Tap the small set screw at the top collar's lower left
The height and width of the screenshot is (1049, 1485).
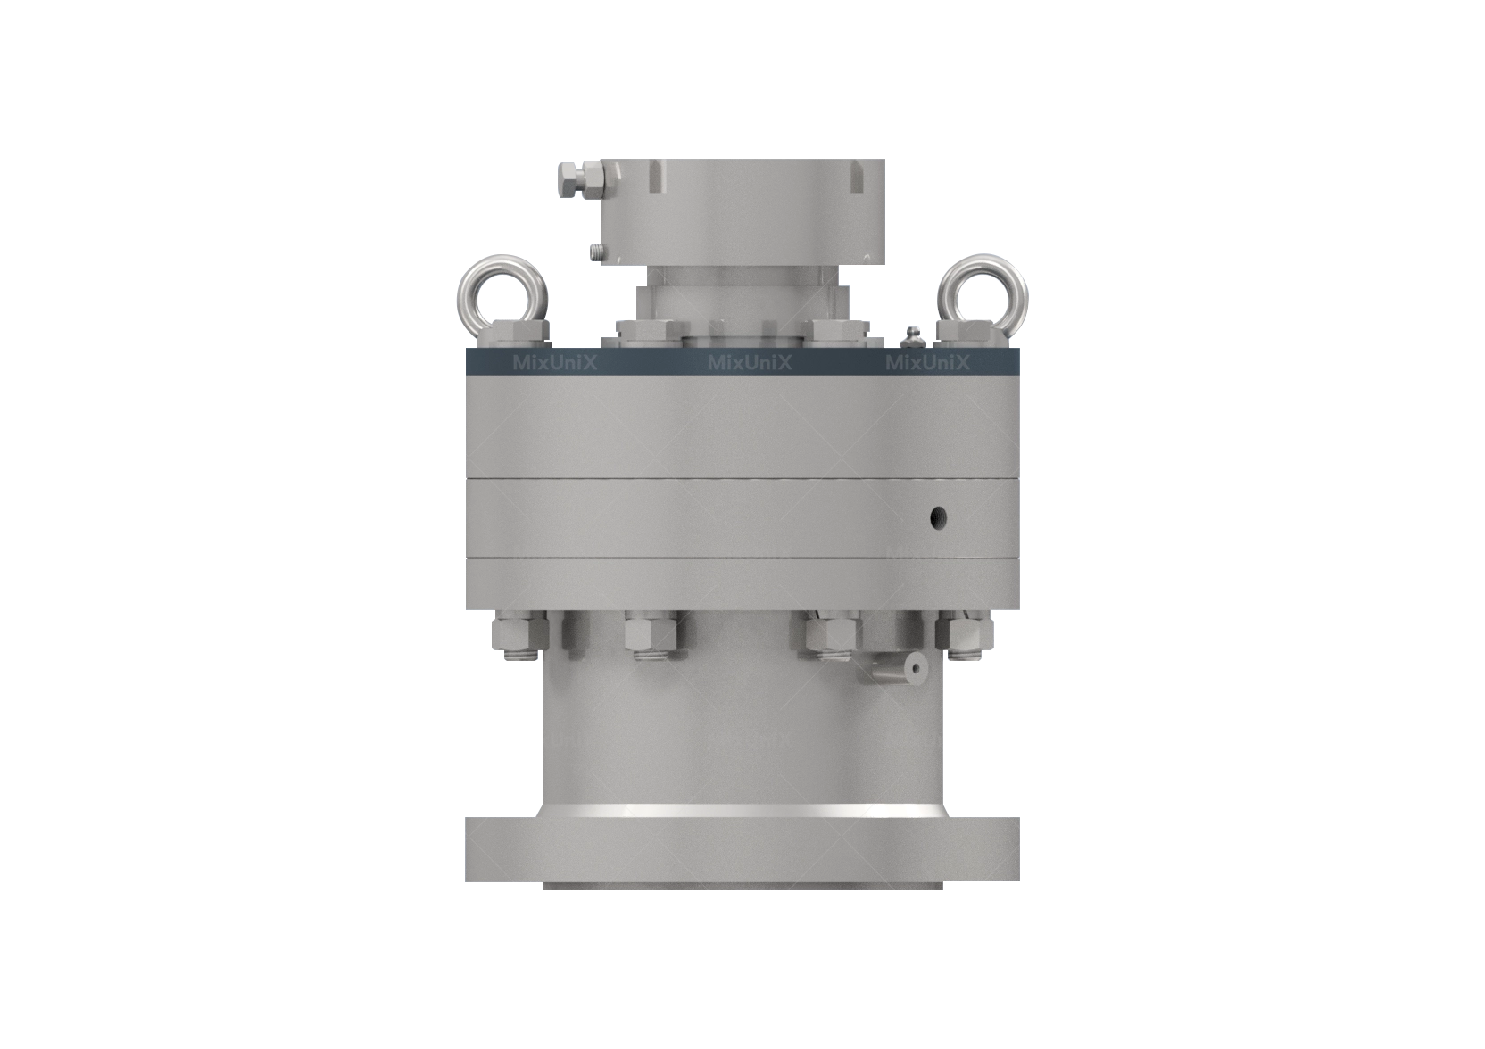point(596,254)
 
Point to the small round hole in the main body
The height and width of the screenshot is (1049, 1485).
point(937,516)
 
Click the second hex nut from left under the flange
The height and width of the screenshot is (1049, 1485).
point(651,634)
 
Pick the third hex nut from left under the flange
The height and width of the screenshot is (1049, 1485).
point(830,634)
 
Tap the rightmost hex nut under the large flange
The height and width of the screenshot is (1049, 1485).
point(964,634)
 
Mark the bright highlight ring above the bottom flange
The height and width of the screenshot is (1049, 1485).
point(742,811)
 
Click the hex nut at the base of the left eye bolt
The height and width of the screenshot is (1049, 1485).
point(518,334)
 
